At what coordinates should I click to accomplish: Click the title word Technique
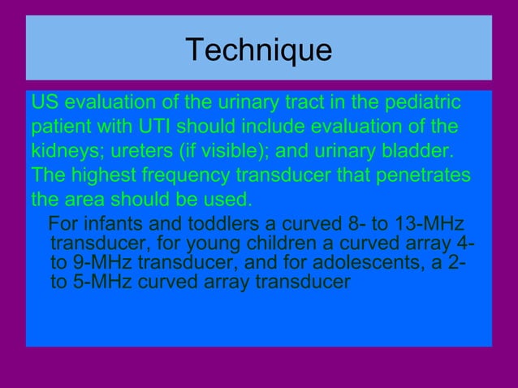point(258,50)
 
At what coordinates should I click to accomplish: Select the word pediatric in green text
point(421,105)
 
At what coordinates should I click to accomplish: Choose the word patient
point(62,128)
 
